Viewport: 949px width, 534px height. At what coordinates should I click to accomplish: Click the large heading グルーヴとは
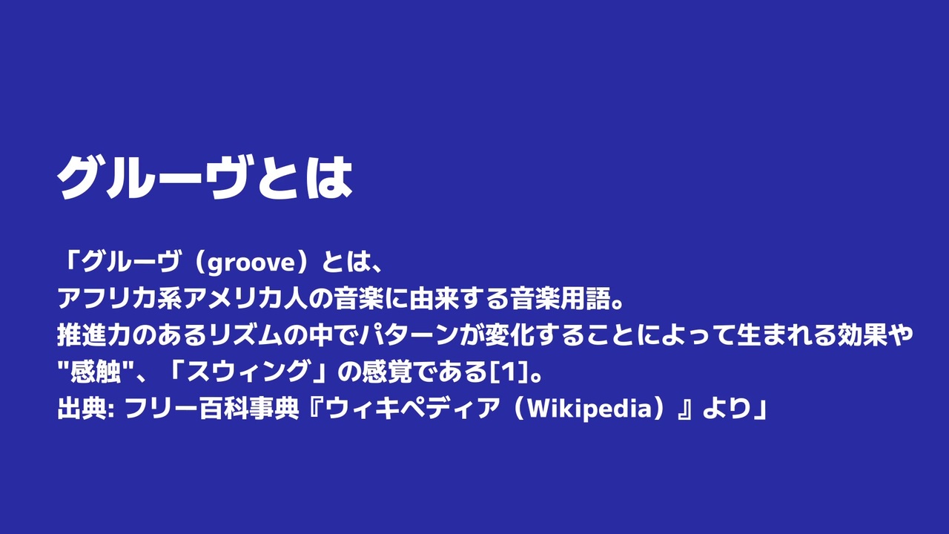click(205, 177)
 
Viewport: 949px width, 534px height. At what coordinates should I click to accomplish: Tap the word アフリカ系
click(120, 299)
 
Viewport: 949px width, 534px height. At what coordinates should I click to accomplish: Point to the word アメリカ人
click(245, 299)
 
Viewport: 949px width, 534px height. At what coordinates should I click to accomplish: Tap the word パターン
click(409, 335)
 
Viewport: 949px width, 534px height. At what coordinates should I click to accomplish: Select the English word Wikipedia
click(591, 409)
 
